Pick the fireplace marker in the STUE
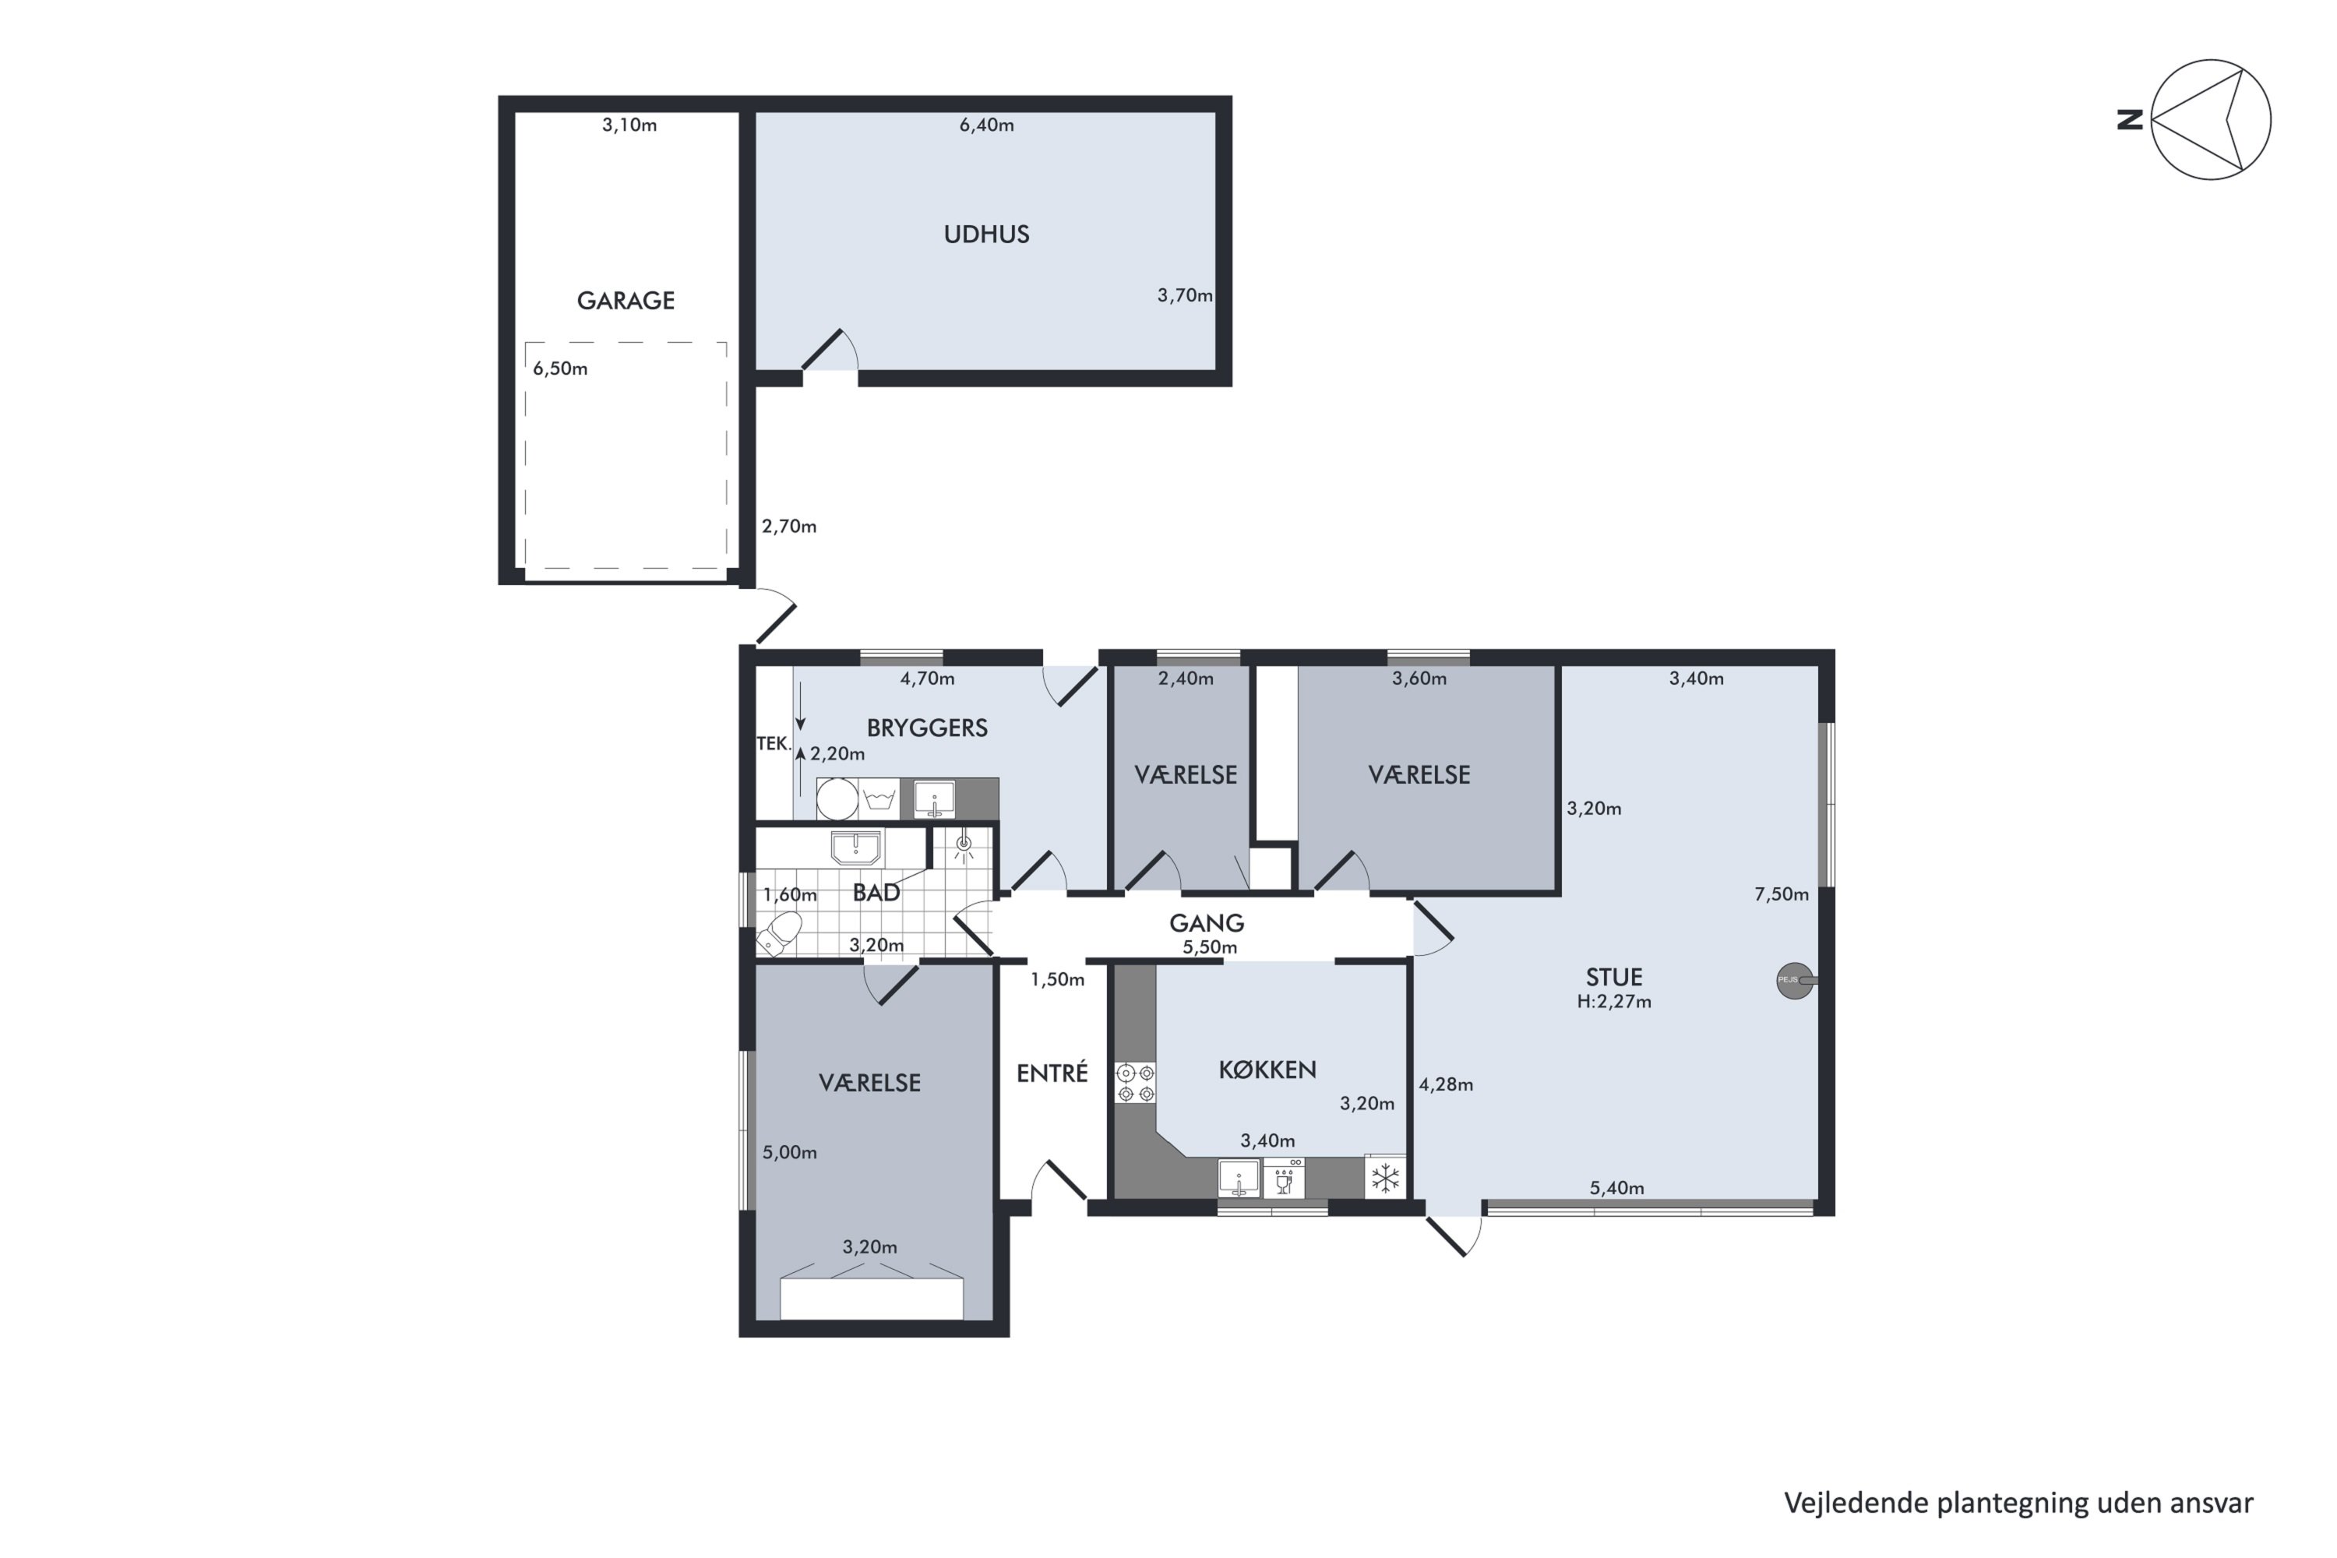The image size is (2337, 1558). click(1796, 981)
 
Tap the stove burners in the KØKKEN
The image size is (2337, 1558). click(1136, 1083)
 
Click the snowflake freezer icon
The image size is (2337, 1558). click(1385, 1179)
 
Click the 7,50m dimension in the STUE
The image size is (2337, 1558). click(1782, 894)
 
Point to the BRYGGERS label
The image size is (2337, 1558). click(927, 728)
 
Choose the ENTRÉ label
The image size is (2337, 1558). click(1052, 1073)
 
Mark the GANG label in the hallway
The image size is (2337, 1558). click(1206, 923)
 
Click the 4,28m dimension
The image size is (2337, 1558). click(1446, 1085)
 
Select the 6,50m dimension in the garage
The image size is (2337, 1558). click(560, 368)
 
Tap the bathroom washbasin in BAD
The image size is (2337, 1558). click(855, 848)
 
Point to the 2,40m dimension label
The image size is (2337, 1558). click(1186, 679)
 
